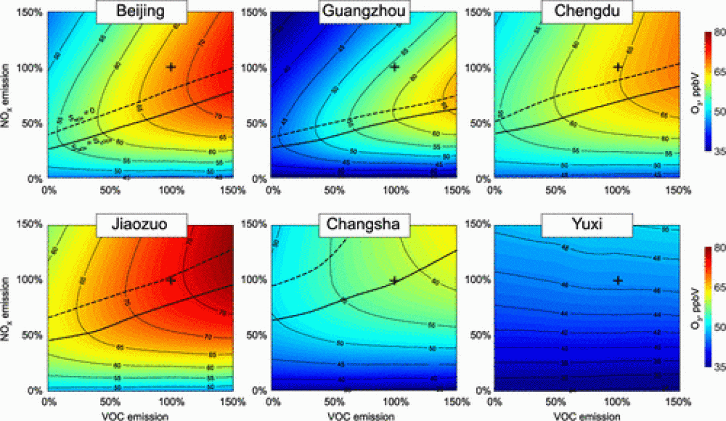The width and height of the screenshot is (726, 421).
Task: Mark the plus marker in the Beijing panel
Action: (171, 67)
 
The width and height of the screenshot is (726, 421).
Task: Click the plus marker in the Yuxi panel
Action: (617, 280)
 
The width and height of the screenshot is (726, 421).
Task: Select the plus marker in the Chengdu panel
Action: (617, 67)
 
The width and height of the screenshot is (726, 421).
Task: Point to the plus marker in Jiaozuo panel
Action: (171, 280)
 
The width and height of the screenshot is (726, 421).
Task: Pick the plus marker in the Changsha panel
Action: (395, 280)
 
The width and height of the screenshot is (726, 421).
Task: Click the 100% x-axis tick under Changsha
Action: (395, 402)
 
